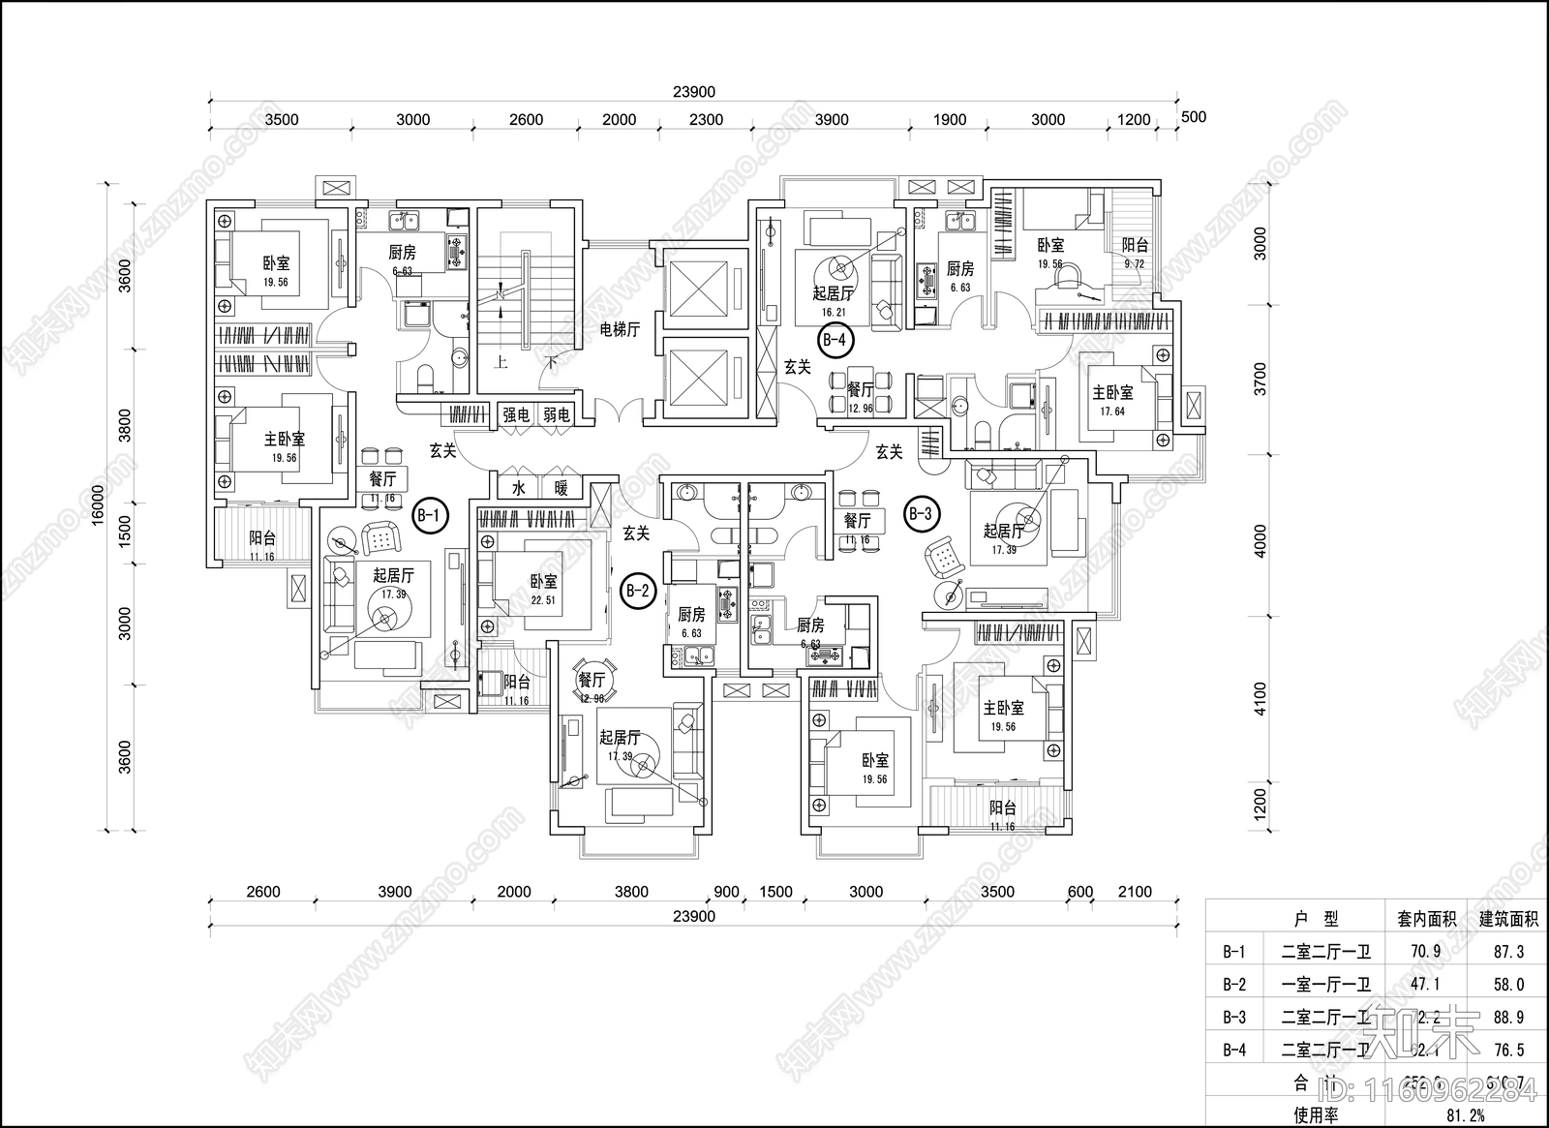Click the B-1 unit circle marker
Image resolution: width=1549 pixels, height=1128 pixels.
coord(430,515)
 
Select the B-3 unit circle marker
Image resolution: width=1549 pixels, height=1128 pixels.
coord(920,514)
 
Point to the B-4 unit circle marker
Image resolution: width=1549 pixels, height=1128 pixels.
coord(835,340)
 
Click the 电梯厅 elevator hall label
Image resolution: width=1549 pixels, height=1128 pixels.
coord(620,329)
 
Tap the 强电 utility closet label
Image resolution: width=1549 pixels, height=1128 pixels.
coord(516,415)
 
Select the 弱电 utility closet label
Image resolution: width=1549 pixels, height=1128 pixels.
coord(556,415)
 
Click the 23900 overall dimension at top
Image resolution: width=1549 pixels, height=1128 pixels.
coord(693,92)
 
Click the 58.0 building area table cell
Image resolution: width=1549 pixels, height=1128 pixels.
coord(1508,985)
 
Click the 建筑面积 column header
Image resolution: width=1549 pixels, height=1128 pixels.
coord(1508,919)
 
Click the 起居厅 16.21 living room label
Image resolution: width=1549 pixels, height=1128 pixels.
coord(833,300)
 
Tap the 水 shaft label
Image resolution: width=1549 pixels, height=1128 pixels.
coord(519,489)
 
